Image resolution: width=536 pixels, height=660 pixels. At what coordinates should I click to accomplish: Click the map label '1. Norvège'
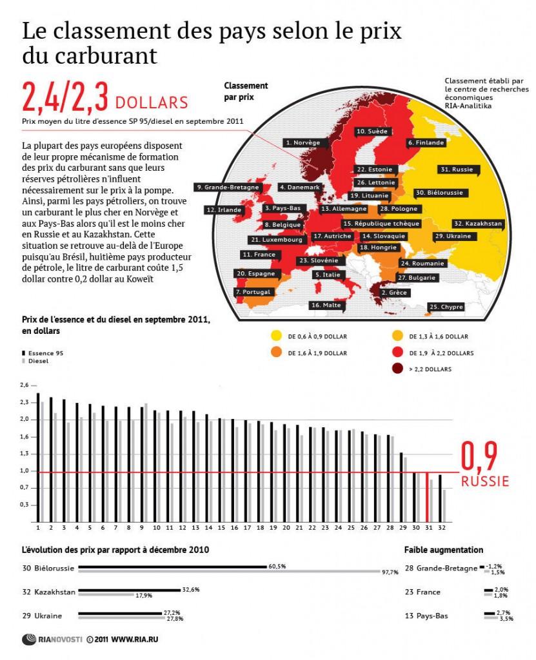[x=303, y=142]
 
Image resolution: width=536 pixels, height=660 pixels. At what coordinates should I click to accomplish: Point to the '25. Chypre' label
[x=446, y=307]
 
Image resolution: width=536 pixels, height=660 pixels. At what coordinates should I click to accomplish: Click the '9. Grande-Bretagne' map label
[x=227, y=187]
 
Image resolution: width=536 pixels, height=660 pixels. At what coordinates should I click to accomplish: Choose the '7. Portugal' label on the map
[x=256, y=292]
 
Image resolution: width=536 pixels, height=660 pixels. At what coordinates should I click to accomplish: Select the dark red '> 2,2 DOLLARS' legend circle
[x=395, y=369]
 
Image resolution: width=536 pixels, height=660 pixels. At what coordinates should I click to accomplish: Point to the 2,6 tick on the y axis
[x=25, y=385]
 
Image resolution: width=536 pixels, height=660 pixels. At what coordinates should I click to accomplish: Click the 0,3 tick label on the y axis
[x=25, y=505]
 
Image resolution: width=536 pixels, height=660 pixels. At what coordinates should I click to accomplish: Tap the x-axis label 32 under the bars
[x=441, y=527]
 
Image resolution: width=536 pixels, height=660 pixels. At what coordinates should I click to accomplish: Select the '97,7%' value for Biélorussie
[x=391, y=572]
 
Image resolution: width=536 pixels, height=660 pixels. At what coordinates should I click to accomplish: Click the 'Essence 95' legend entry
[x=46, y=353]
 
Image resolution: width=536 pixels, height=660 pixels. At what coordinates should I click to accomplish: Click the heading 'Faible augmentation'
[x=443, y=550]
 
